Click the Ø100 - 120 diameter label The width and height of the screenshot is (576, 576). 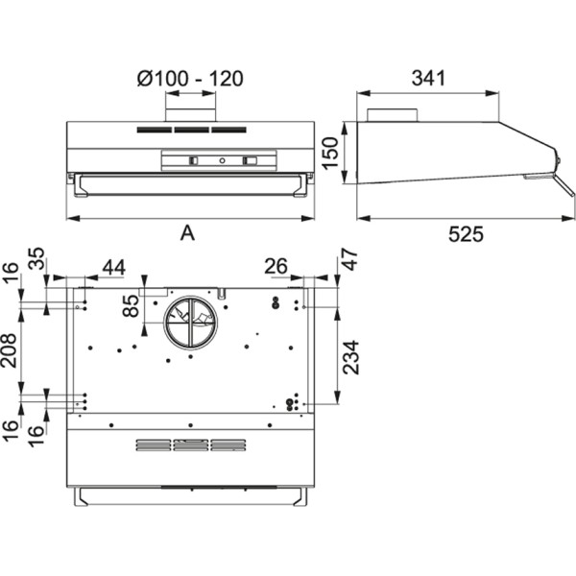(x=190, y=79)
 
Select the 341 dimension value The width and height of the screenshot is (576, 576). (x=427, y=79)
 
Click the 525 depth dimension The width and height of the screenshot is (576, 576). (x=466, y=234)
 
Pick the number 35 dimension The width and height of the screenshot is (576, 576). (x=36, y=259)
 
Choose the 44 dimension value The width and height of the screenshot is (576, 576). (x=113, y=268)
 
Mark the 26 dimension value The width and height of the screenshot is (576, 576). (x=276, y=267)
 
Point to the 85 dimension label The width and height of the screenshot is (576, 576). (x=131, y=306)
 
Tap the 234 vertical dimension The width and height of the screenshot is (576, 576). (x=349, y=357)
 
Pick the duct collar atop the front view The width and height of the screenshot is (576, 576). (x=189, y=113)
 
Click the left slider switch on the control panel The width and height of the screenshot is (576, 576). (x=195, y=161)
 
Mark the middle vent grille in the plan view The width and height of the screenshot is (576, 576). (x=190, y=444)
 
